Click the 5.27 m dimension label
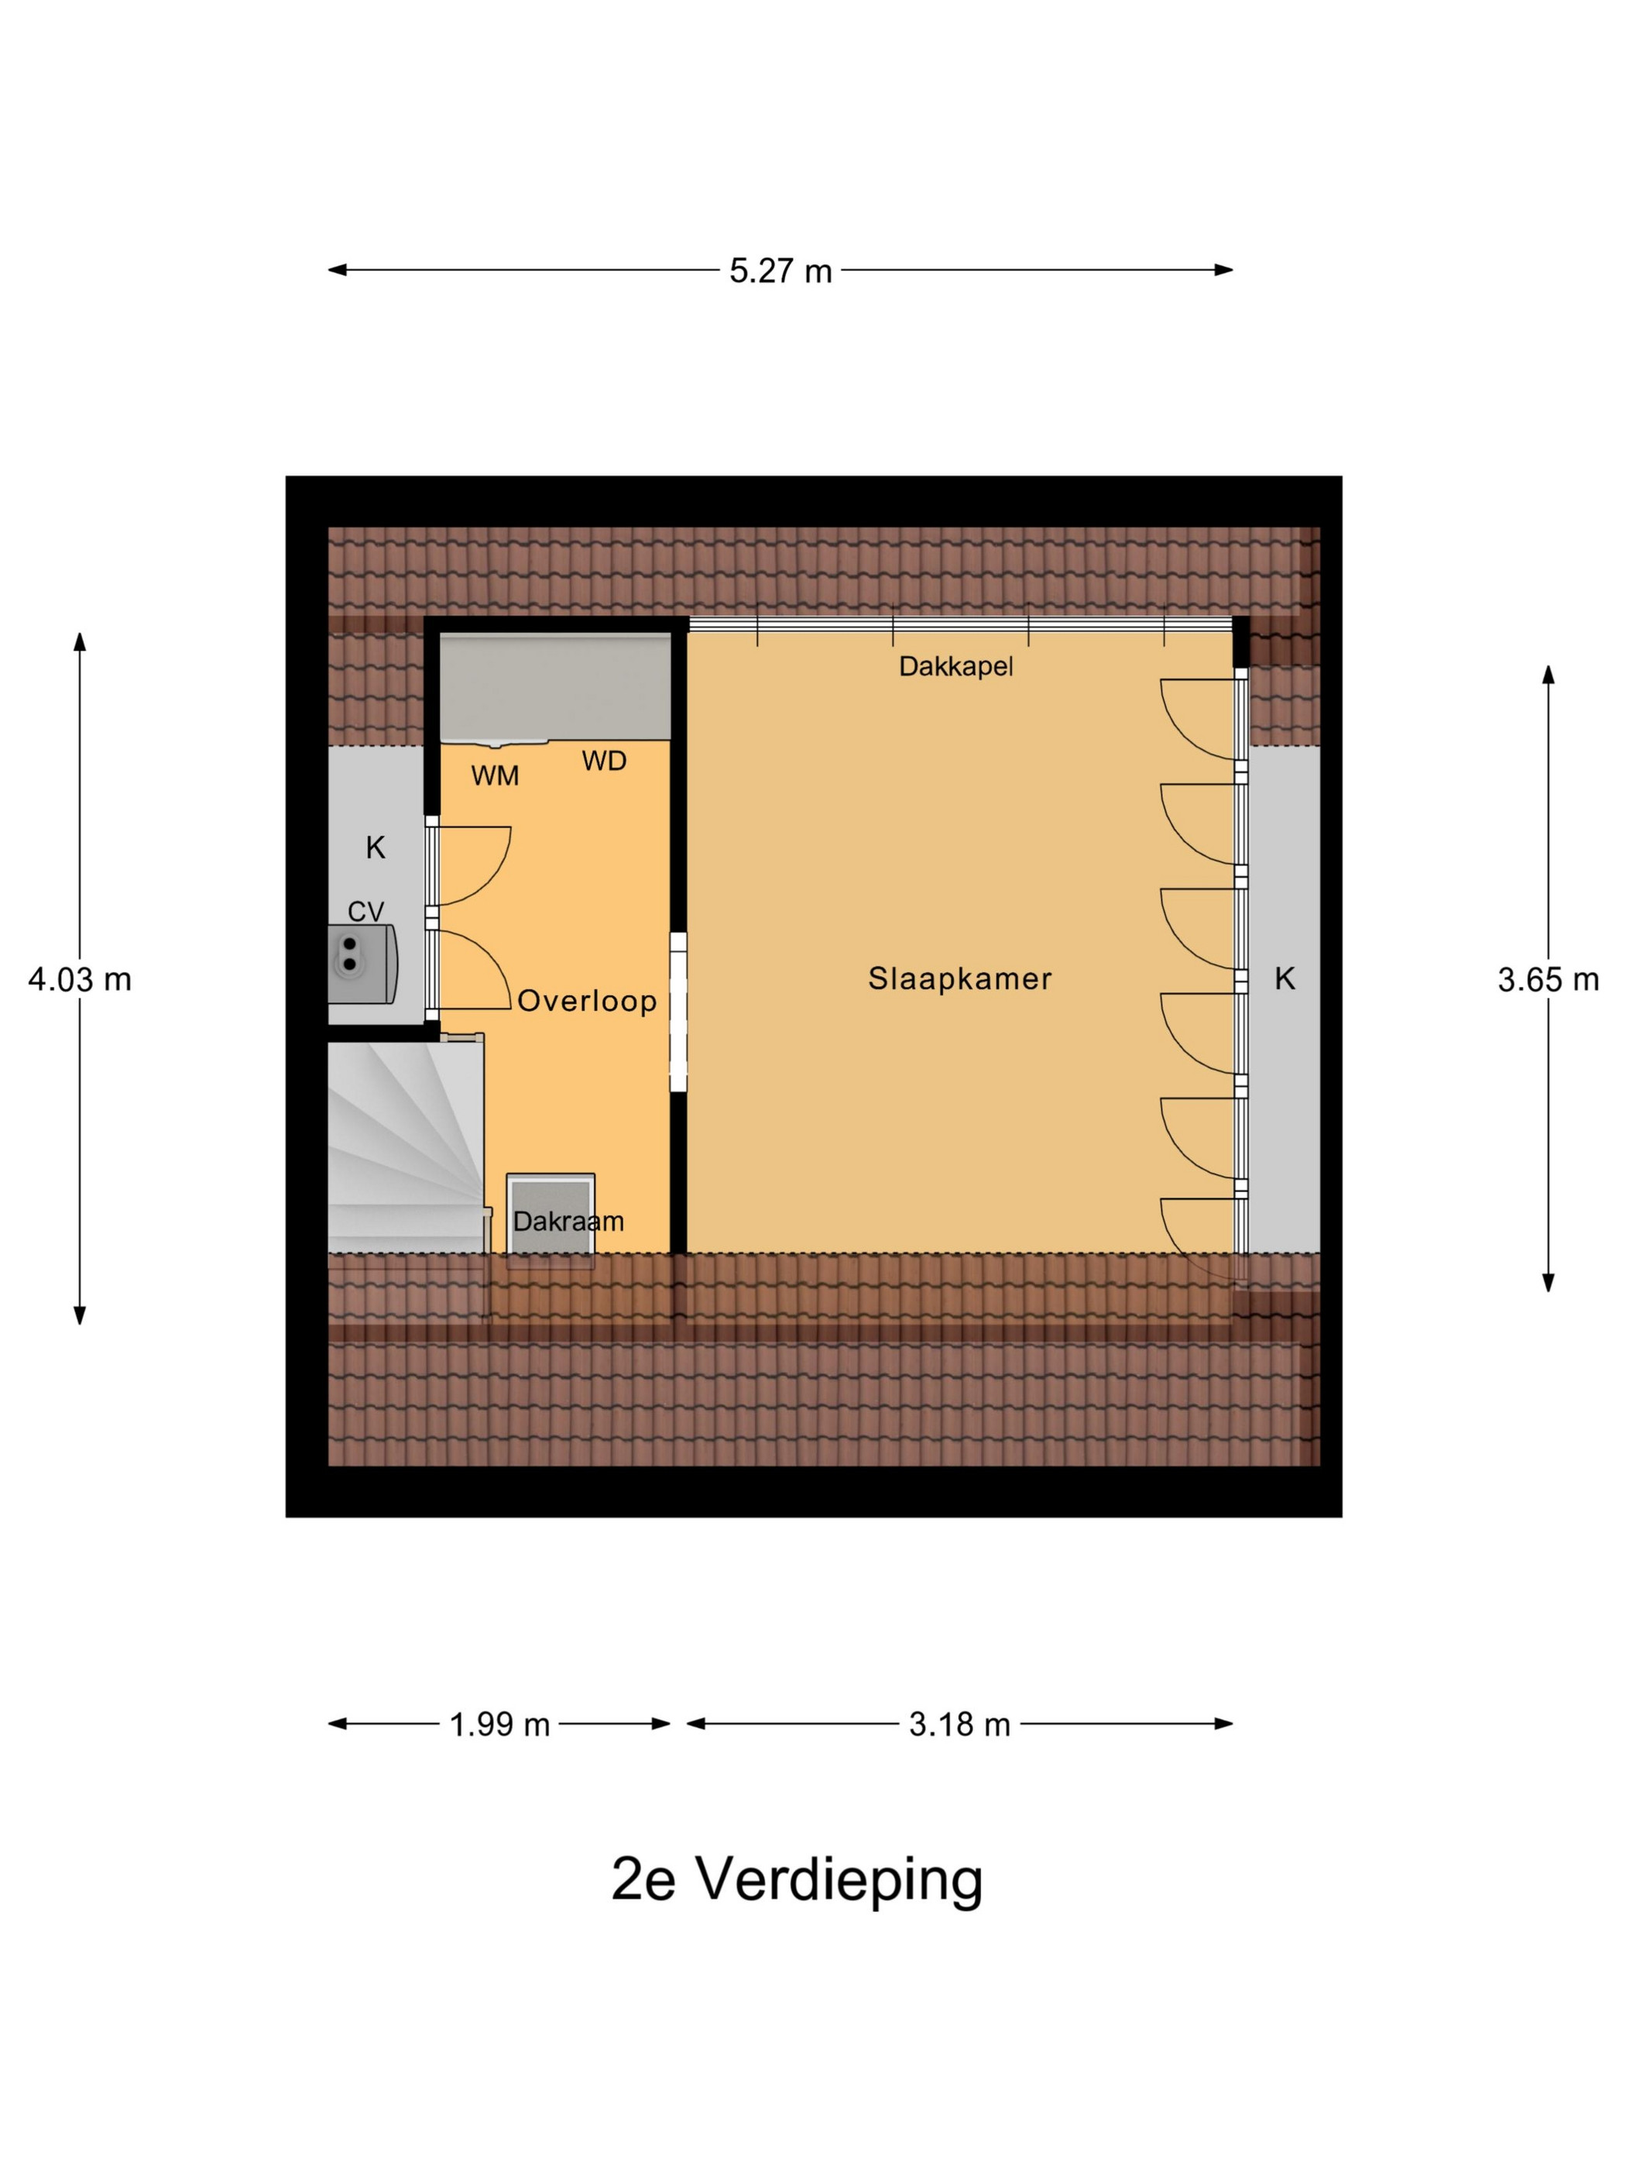780,270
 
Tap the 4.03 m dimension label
80,978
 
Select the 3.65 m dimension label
1548,978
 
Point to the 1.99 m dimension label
499,1724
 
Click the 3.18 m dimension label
959,1724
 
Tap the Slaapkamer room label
959,978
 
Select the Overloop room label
586,1001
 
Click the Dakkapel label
955,667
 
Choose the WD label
604,761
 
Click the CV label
365,912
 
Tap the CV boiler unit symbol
362,964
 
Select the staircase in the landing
406,1143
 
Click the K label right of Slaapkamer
1284,978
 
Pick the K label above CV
376,848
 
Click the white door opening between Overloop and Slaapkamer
678,1011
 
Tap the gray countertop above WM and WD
554,686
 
